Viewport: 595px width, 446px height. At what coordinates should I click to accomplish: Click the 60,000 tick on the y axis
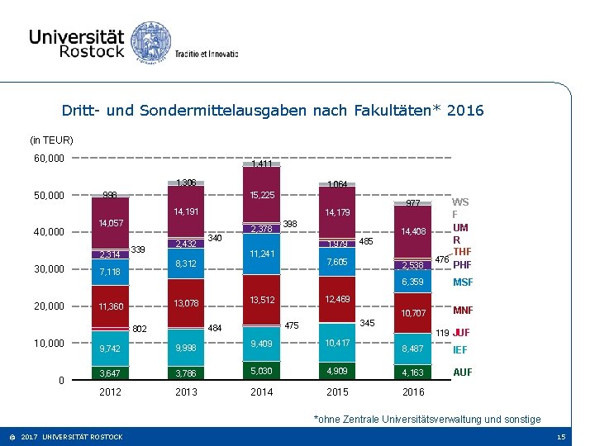click(x=49, y=158)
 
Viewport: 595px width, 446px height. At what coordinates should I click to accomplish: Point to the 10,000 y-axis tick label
click(x=49, y=343)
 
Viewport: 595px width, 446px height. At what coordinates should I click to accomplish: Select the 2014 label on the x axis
click(x=262, y=391)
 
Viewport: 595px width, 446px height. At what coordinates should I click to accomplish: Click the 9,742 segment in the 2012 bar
click(x=110, y=349)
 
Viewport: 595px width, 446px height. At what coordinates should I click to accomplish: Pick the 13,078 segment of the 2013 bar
click(x=186, y=304)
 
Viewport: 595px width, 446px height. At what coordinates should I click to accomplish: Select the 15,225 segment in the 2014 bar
click(x=262, y=196)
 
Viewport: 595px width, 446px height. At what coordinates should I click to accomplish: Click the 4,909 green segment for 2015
click(x=337, y=371)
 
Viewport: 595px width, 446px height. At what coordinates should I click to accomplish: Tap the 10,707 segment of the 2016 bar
click(x=412, y=313)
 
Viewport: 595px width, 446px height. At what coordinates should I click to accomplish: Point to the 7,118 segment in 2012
click(x=110, y=272)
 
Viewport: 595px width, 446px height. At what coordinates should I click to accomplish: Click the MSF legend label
click(x=463, y=283)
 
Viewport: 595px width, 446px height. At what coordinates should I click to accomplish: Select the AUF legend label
click(x=463, y=372)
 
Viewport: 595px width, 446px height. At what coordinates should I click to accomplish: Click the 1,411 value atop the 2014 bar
click(x=262, y=164)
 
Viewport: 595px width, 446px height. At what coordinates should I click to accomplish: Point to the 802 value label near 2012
click(x=139, y=329)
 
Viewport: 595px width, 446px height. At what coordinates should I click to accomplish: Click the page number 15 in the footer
click(x=561, y=437)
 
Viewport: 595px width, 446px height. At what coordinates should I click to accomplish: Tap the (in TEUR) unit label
click(x=51, y=140)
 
